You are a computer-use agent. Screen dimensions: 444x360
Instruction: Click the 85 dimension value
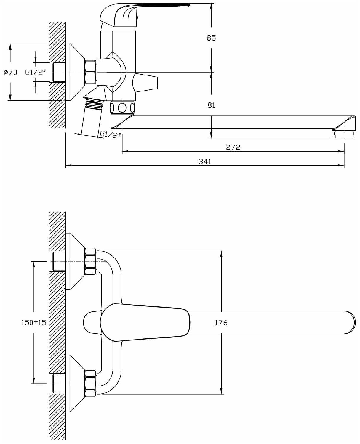pyautogui.click(x=211, y=38)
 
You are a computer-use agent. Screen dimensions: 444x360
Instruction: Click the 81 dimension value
pyautogui.click(x=211, y=105)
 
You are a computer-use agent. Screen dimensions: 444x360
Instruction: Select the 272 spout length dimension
pyautogui.click(x=233, y=147)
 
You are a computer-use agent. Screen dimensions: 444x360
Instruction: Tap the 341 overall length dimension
pyautogui.click(x=205, y=161)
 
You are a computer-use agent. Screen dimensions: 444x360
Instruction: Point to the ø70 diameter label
pyautogui.click(x=11, y=72)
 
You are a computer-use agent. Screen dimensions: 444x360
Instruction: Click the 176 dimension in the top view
pyautogui.click(x=221, y=322)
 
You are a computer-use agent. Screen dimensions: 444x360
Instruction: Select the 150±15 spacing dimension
pyautogui.click(x=33, y=322)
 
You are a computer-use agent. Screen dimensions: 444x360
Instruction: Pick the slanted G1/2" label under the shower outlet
pyautogui.click(x=110, y=135)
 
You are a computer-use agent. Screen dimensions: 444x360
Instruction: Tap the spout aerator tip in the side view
pyautogui.click(x=344, y=135)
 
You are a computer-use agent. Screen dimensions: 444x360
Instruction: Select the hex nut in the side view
pyautogui.click(x=90, y=72)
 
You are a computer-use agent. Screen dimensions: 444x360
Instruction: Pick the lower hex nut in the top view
pyautogui.click(x=90, y=383)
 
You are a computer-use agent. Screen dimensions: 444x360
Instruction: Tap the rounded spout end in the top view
pyautogui.click(x=351, y=322)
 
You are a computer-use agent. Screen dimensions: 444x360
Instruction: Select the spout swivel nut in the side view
pyautogui.click(x=122, y=107)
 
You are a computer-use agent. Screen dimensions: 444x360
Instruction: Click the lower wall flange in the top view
pyautogui.click(x=74, y=383)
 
